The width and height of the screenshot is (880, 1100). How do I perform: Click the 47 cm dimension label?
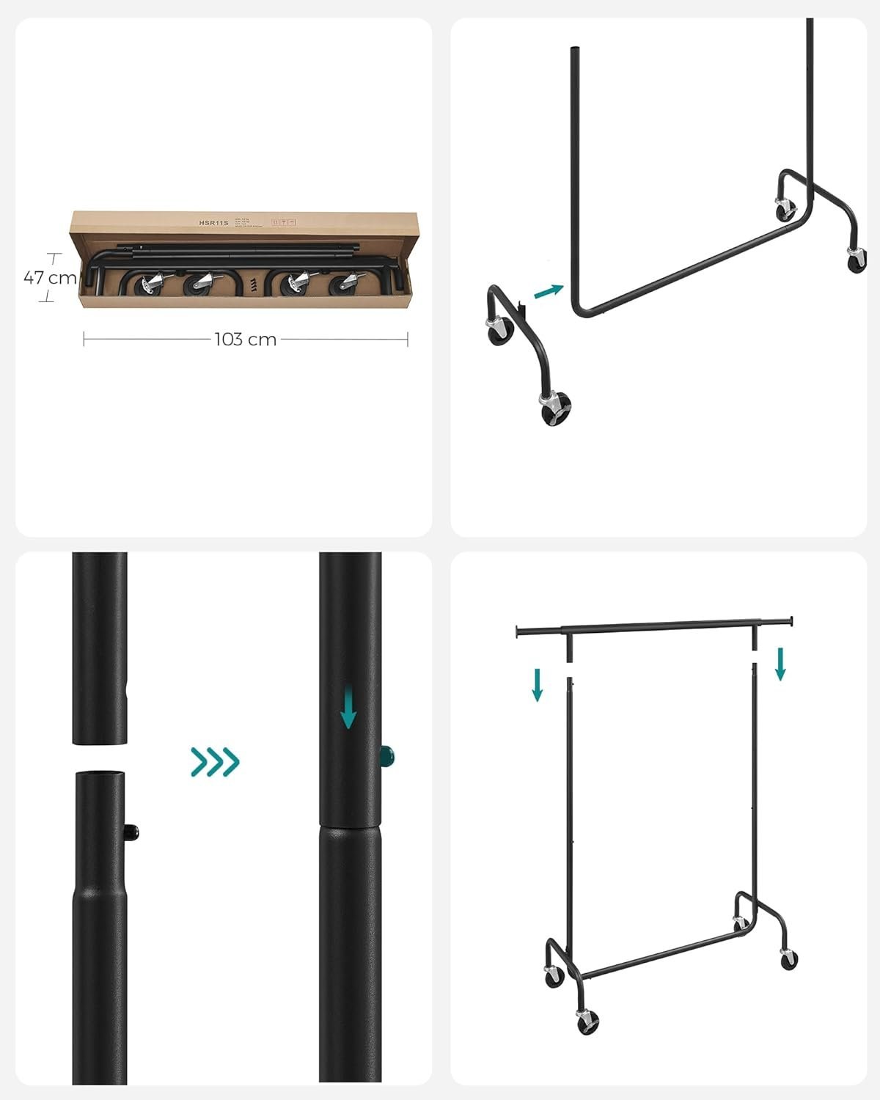point(49,278)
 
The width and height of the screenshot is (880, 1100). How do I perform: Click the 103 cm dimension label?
point(245,339)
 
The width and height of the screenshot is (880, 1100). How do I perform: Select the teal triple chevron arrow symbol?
point(215,762)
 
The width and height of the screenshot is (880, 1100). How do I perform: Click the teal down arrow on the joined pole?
point(348,711)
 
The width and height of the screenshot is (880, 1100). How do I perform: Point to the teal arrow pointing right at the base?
point(549,291)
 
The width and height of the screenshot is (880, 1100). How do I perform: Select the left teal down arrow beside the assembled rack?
point(538,684)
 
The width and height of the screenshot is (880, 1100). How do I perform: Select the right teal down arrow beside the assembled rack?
point(780,663)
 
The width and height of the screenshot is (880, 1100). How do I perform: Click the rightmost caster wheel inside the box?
point(342,284)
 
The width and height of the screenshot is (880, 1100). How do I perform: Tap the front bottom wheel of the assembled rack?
point(587,1020)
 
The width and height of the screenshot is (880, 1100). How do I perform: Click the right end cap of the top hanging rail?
point(791,622)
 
